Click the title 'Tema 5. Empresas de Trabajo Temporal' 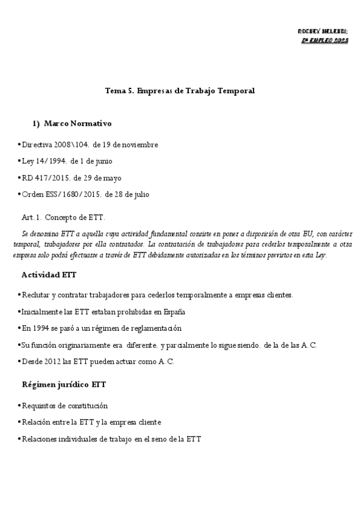[x=180, y=90]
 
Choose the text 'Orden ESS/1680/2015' [x=61, y=194]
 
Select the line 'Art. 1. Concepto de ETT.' [x=63, y=216]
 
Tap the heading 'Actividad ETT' [x=49, y=274]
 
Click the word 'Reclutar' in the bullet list [x=35, y=295]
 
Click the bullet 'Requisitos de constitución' [x=64, y=406]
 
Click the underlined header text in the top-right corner [x=325, y=40]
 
